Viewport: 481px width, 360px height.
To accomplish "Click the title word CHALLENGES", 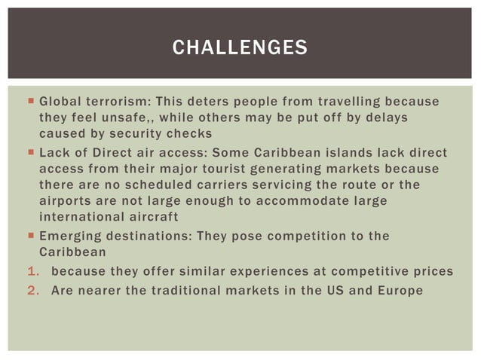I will coord(240,49).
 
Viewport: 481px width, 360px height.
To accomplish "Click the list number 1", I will coord(32,271).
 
